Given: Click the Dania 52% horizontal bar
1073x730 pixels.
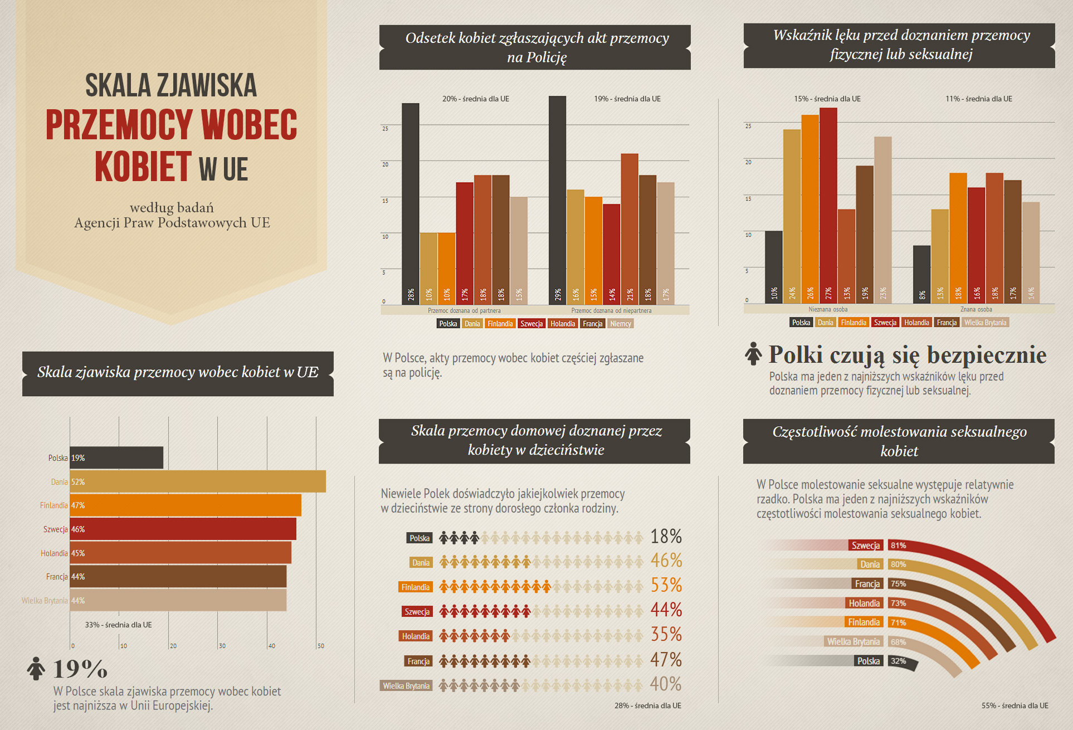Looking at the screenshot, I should pos(198,481).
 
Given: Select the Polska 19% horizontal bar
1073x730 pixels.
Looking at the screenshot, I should pos(116,458).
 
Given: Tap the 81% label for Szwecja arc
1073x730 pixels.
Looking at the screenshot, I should pos(898,546).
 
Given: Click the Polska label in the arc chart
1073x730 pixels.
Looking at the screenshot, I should pos(869,661).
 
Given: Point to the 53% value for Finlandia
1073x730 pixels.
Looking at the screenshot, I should pos(666,585).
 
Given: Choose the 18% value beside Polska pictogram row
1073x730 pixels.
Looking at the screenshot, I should pos(666,537).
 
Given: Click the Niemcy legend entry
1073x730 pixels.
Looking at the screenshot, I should pos(621,324).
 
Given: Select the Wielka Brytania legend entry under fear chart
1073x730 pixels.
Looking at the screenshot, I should pos(985,323).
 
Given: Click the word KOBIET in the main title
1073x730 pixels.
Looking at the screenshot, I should pos(143,167).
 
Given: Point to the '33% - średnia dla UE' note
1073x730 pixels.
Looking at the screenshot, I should pos(118,625).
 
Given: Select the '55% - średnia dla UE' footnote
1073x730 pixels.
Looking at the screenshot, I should pos(1015,705).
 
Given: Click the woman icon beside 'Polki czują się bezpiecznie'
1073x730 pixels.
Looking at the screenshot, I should pos(753,354).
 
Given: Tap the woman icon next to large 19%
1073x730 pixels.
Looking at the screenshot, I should pos(36,668).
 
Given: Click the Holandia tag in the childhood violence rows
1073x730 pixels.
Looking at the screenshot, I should pos(416,636).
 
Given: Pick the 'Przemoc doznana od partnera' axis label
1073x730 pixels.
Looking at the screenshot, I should pos(464,310).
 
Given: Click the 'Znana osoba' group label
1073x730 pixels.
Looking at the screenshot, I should pos(976,309).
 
